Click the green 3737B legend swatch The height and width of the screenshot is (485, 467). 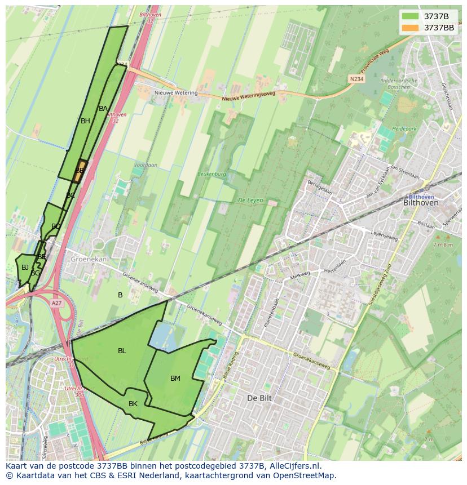pos(411,16)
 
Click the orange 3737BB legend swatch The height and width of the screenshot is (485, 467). pos(411,28)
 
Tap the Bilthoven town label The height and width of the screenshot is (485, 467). pos(421,202)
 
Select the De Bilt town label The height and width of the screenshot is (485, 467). pos(259,398)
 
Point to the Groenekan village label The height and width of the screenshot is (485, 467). pos(88,259)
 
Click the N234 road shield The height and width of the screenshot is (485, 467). pos(356,79)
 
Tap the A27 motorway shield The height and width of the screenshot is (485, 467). pos(56,303)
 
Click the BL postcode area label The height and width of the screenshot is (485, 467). pos(122,351)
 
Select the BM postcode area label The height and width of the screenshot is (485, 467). pos(175,379)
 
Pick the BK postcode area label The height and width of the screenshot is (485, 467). pos(133,404)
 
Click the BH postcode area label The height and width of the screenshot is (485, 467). pos(85,121)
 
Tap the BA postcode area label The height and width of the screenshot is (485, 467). pos(103,109)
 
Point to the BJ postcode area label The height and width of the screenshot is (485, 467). pos(25,268)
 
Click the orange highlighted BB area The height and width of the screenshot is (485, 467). pos(80,171)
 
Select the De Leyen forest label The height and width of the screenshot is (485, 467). pos(251,201)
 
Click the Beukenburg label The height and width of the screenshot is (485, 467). pos(212,175)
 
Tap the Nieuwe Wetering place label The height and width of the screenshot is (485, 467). pos(177,93)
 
